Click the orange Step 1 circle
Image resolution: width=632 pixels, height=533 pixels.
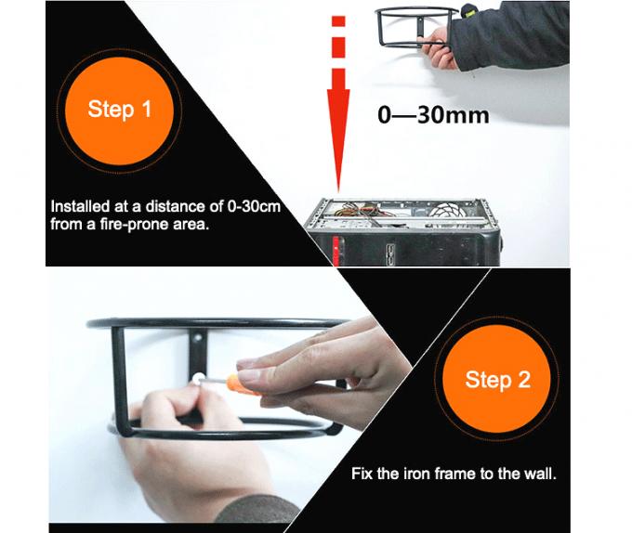click(x=119, y=110)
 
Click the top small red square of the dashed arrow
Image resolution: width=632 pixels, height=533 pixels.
click(x=339, y=21)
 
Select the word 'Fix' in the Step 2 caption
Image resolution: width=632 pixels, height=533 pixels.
click(x=361, y=474)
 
